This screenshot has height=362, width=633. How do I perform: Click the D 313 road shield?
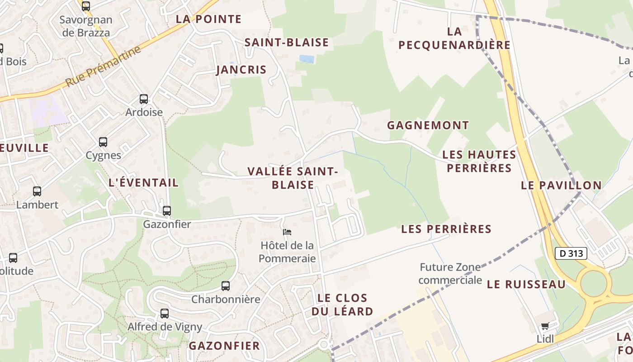click(x=571, y=253)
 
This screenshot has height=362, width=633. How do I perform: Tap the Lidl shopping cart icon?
click(x=545, y=326)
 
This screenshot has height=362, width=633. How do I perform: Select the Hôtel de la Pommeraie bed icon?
click(x=287, y=232)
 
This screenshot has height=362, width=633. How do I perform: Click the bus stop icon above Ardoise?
click(x=144, y=99)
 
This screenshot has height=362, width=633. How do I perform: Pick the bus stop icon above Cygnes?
click(x=103, y=142)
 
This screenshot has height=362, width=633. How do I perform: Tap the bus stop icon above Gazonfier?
click(x=167, y=210)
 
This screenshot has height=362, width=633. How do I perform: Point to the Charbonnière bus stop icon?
click(x=225, y=286)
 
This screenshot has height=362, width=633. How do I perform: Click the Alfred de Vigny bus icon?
click(x=165, y=313)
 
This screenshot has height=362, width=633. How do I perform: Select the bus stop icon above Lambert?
click(x=37, y=191)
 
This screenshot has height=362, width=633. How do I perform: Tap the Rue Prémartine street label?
click(x=103, y=67)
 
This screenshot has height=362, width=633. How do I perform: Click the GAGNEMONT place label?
click(x=428, y=125)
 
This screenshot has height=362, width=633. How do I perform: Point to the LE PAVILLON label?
click(x=561, y=185)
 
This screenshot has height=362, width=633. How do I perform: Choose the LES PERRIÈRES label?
click(x=446, y=229)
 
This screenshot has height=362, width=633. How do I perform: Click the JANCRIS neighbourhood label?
click(x=241, y=70)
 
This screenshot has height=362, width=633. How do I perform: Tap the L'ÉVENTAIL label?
click(x=144, y=183)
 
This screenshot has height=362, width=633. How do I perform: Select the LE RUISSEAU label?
click(x=526, y=284)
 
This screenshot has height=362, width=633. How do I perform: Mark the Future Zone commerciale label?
click(x=449, y=273)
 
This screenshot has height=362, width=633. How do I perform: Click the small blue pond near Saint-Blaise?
click(x=307, y=59)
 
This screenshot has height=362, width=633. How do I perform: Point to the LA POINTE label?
click(x=208, y=19)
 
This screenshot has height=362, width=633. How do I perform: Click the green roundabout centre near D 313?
click(x=593, y=283)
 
